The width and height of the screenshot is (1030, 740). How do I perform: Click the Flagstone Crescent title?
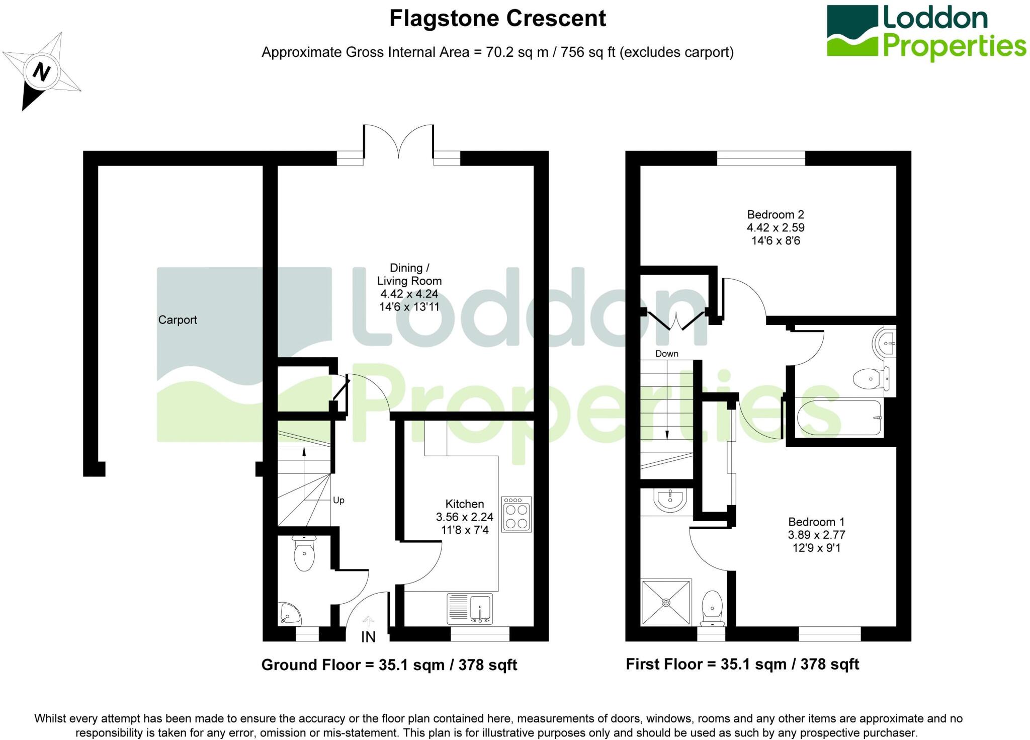pos(497,19)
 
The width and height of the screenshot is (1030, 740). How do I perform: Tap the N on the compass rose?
pos(42,71)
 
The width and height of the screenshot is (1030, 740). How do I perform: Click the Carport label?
pos(178,320)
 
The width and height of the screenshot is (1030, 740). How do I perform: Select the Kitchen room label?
pos(464,504)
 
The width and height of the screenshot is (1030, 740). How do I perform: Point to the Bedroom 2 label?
pos(775,215)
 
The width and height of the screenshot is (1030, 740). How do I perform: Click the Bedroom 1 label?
pos(816,522)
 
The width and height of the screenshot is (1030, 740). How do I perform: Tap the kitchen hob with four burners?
pos(516,515)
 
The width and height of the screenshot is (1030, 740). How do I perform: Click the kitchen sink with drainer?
pos(469,609)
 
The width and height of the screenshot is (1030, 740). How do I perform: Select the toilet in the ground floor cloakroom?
pos(304,553)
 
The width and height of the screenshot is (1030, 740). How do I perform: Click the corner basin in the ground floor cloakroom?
pos(289,613)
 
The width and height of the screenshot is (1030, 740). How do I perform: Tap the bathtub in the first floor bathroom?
pos(839,418)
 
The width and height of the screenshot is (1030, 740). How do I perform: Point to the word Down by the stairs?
pos(666,354)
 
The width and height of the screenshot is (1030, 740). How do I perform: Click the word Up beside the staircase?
pos(338,500)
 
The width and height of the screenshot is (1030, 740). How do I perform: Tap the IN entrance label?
pos(368,637)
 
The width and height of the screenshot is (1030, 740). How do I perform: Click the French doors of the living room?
pos(398,142)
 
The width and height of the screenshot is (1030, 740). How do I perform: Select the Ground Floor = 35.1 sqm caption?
pos(389,665)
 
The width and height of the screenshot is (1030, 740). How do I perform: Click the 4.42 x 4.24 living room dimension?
pos(409,294)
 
